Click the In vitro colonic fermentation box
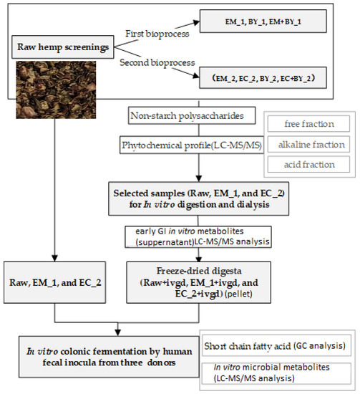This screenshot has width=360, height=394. tap(110, 354)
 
